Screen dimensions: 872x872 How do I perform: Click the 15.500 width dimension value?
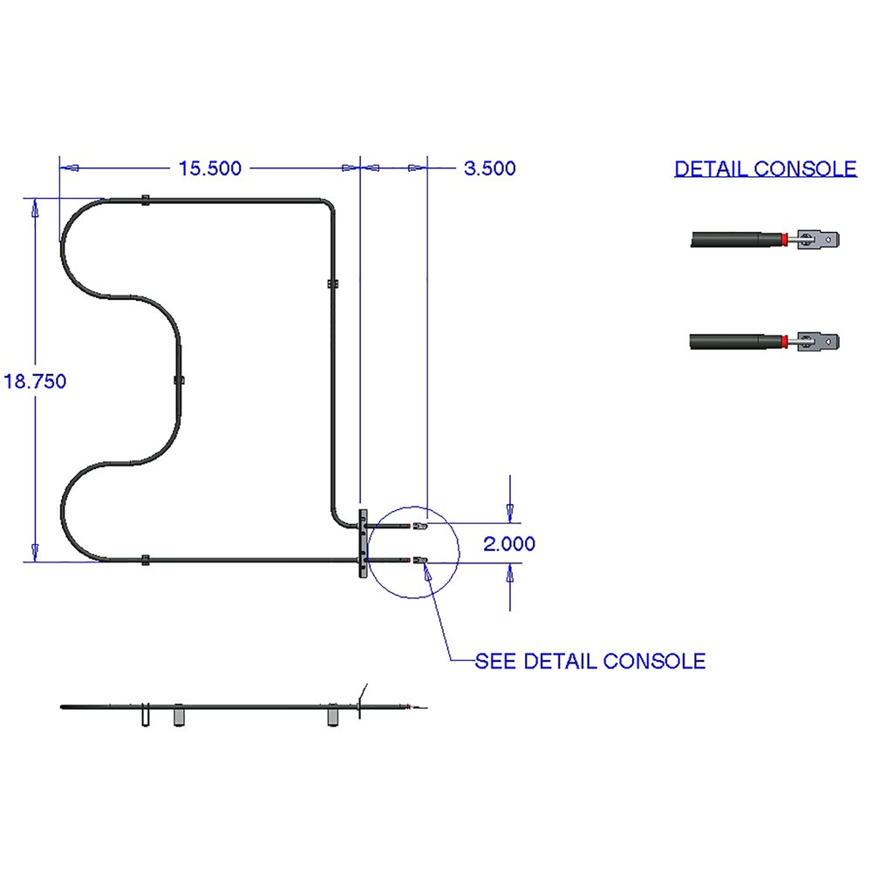[209, 168]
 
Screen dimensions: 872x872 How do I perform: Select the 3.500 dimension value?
[489, 168]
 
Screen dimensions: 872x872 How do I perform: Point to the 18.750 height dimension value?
[35, 381]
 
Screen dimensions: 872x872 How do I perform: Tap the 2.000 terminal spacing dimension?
[509, 544]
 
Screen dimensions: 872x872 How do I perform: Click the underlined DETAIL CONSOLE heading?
[766, 169]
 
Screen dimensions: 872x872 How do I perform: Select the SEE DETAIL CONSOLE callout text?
[589, 661]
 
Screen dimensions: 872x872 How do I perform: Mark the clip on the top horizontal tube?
[145, 201]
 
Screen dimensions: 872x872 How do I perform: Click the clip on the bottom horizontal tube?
[145, 560]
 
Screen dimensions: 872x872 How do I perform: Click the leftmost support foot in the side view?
[145, 717]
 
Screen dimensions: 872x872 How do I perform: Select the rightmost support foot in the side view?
[333, 717]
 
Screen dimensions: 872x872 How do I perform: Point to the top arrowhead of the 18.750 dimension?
[35, 208]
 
